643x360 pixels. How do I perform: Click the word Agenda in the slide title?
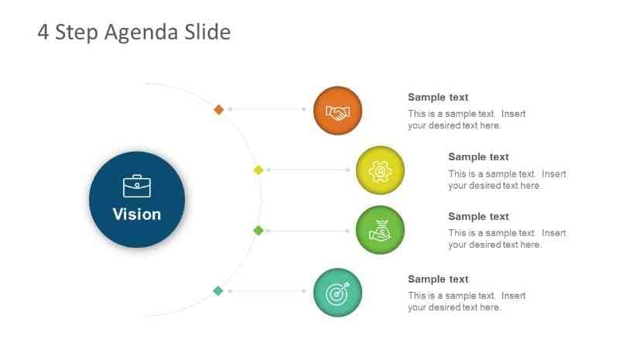click(141, 33)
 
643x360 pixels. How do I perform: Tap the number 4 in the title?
click(43, 32)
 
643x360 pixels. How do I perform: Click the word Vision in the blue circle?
click(137, 214)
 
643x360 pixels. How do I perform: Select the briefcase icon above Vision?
click(137, 187)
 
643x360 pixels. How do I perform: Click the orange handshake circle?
click(337, 111)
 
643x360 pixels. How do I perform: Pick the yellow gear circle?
click(380, 170)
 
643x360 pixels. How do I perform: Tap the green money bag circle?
click(380, 230)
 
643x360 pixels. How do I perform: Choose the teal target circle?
click(337, 293)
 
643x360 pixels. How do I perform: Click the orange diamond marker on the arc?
click(219, 110)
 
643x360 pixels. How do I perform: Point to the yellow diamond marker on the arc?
click(258, 170)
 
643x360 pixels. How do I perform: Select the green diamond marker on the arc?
click(258, 230)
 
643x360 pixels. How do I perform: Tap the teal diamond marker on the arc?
click(218, 291)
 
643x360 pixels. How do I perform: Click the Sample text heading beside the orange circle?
click(438, 98)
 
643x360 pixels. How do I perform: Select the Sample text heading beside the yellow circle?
click(478, 157)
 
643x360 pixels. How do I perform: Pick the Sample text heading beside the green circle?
click(478, 216)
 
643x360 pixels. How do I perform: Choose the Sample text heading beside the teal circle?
click(438, 279)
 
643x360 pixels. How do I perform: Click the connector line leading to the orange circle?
click(267, 109)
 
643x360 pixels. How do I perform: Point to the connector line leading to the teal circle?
click(267, 291)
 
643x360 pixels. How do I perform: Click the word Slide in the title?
click(207, 32)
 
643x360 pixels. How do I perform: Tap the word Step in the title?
click(77, 33)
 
